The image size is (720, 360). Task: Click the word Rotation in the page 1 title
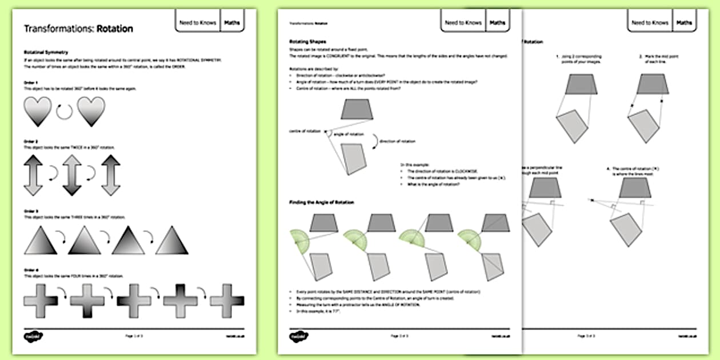coord(115,29)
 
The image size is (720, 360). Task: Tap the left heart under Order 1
coord(38,111)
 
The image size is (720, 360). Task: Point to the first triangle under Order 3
coord(40,240)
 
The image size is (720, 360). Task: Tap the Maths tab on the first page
coord(232,23)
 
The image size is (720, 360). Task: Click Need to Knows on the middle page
coord(463,23)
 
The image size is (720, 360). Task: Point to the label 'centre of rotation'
coord(303,131)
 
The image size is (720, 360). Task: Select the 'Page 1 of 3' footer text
coord(134,336)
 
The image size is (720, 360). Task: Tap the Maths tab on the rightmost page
coord(684,23)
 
